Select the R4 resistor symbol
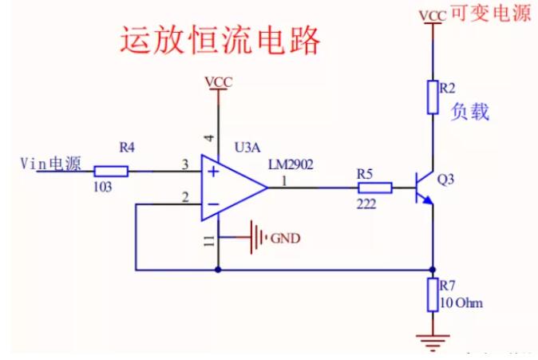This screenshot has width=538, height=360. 111,170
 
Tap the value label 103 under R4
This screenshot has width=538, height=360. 104,186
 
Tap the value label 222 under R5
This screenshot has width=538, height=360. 366,204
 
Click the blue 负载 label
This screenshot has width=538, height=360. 469,111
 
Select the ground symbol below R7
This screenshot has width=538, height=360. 433,340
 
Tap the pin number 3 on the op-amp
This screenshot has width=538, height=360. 184,164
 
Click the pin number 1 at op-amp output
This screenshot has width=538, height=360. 283,181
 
